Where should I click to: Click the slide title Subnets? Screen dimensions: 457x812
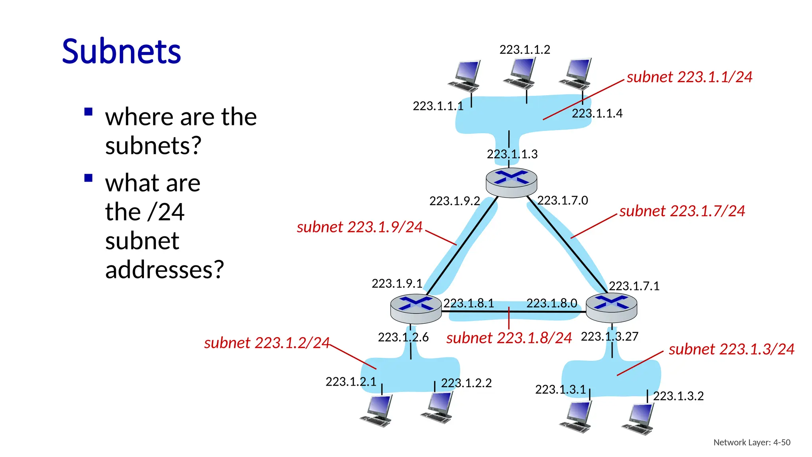click(x=121, y=52)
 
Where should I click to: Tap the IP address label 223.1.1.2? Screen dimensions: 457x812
click(x=525, y=50)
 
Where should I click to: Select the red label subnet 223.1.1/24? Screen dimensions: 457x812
click(x=689, y=77)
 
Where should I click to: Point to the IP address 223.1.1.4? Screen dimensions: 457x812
click(x=597, y=113)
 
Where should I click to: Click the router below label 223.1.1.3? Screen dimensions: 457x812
click(x=511, y=182)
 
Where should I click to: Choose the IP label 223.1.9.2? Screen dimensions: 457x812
click(x=454, y=201)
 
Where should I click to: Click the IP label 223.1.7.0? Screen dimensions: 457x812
click(x=562, y=200)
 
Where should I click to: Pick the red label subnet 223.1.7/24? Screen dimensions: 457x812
click(x=682, y=211)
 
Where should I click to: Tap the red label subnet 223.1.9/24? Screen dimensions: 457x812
click(x=360, y=227)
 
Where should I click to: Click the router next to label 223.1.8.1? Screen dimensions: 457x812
click(x=416, y=309)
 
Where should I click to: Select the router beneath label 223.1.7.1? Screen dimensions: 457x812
click(x=611, y=308)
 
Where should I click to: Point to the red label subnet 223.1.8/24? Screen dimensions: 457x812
click(x=509, y=338)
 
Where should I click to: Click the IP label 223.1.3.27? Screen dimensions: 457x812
click(x=609, y=336)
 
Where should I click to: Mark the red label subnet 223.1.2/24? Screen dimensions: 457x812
click(x=267, y=343)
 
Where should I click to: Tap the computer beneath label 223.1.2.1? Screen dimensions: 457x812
click(x=377, y=411)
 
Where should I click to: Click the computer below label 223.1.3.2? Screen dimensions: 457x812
click(x=638, y=420)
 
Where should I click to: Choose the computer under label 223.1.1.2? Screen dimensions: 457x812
click(x=520, y=74)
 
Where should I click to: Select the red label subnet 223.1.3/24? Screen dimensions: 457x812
click(x=731, y=349)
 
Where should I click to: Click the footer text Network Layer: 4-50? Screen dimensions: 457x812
click(x=751, y=442)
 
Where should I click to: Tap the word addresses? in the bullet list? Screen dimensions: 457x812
click(x=165, y=270)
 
